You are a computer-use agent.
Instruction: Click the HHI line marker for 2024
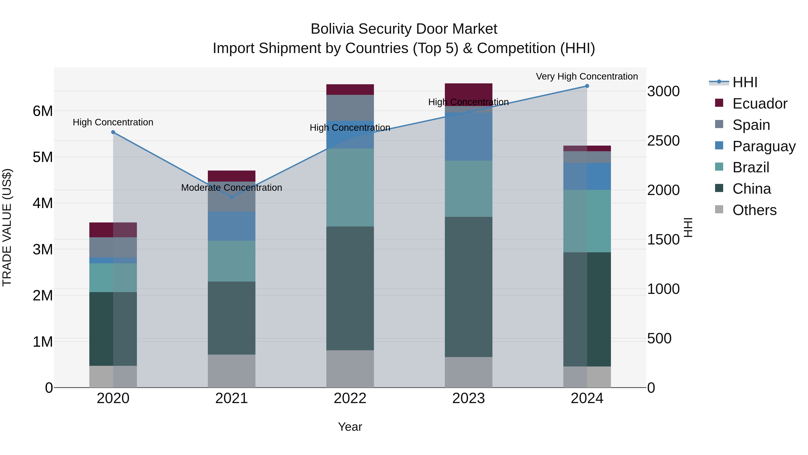pos(587,86)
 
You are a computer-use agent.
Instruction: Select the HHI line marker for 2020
pos(113,132)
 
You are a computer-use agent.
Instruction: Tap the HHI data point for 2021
pos(231,197)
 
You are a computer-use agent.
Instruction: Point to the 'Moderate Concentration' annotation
pos(231,187)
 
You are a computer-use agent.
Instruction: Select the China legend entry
pos(751,189)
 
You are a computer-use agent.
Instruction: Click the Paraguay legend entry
pos(764,146)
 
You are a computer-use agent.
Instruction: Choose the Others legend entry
pos(754,210)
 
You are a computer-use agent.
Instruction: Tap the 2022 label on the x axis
pos(350,398)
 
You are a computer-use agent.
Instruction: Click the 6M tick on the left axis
pos(43,111)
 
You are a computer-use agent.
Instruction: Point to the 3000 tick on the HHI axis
pos(663,91)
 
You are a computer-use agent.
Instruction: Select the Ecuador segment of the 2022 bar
pos(350,89)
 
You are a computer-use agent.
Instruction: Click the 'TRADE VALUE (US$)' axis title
pos(7,227)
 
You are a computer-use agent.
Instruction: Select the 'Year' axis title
pos(350,427)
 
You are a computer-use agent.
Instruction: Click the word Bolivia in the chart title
pos(332,29)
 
